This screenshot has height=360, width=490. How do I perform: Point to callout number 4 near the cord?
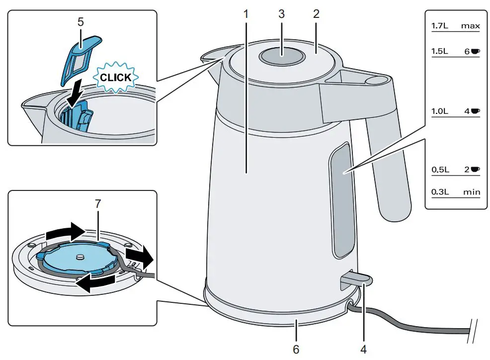(x=363, y=349)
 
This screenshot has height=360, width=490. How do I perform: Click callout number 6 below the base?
(x=296, y=349)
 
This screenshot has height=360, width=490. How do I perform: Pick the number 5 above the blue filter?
(x=81, y=22)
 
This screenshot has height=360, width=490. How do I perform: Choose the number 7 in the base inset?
(x=98, y=203)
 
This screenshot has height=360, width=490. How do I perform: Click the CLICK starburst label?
(x=116, y=78)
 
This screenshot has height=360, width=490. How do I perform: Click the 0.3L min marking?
(x=455, y=191)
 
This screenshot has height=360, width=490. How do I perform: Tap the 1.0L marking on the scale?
(x=440, y=111)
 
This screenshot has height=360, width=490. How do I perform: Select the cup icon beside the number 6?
(x=475, y=51)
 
